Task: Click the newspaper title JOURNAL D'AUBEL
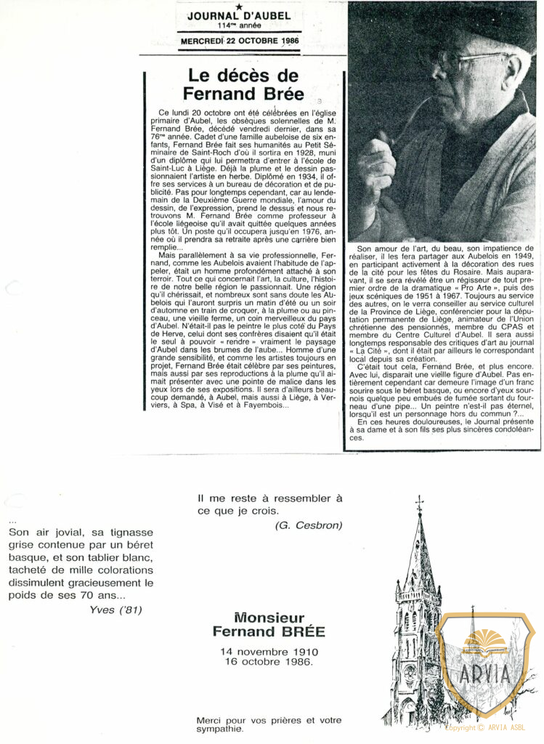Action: (x=238, y=16)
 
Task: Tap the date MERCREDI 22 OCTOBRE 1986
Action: (x=239, y=41)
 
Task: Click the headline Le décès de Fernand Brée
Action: (x=240, y=84)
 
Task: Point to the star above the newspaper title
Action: (x=239, y=7)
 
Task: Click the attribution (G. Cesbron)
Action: (x=308, y=525)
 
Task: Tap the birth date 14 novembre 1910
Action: (x=269, y=651)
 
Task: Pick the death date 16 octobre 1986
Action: (x=269, y=662)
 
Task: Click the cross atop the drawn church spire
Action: (x=419, y=504)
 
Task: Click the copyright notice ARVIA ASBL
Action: (x=486, y=727)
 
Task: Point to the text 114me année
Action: (x=239, y=25)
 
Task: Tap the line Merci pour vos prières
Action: (x=269, y=720)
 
